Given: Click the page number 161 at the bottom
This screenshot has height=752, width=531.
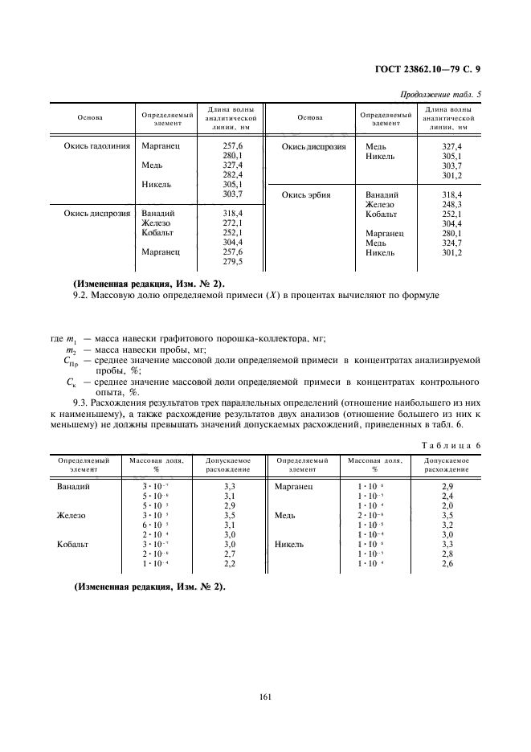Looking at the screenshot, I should (265, 696).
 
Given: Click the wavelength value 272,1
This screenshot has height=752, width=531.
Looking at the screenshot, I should (232, 223).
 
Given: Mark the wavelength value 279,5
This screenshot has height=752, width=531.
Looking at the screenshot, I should (232, 261).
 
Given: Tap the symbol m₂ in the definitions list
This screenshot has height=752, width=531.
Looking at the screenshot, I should (71, 350).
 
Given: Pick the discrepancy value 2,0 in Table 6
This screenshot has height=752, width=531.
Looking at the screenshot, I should (447, 506).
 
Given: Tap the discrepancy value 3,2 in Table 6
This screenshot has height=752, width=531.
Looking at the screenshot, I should (447, 525).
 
